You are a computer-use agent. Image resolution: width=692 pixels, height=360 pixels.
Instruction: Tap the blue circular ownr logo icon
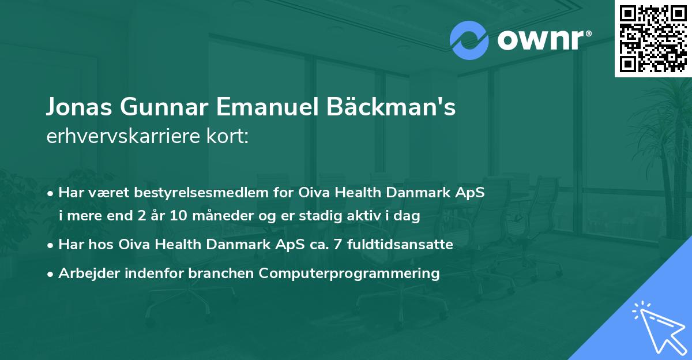tap(469, 40)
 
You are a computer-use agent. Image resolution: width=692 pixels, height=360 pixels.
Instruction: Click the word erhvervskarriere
tap(121, 136)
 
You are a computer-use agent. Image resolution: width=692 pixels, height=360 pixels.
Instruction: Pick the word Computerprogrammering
tap(349, 273)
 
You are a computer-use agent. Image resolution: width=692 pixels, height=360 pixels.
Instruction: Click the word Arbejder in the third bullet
tap(87, 273)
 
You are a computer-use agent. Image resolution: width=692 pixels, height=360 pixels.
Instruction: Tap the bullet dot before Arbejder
tap(51, 274)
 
